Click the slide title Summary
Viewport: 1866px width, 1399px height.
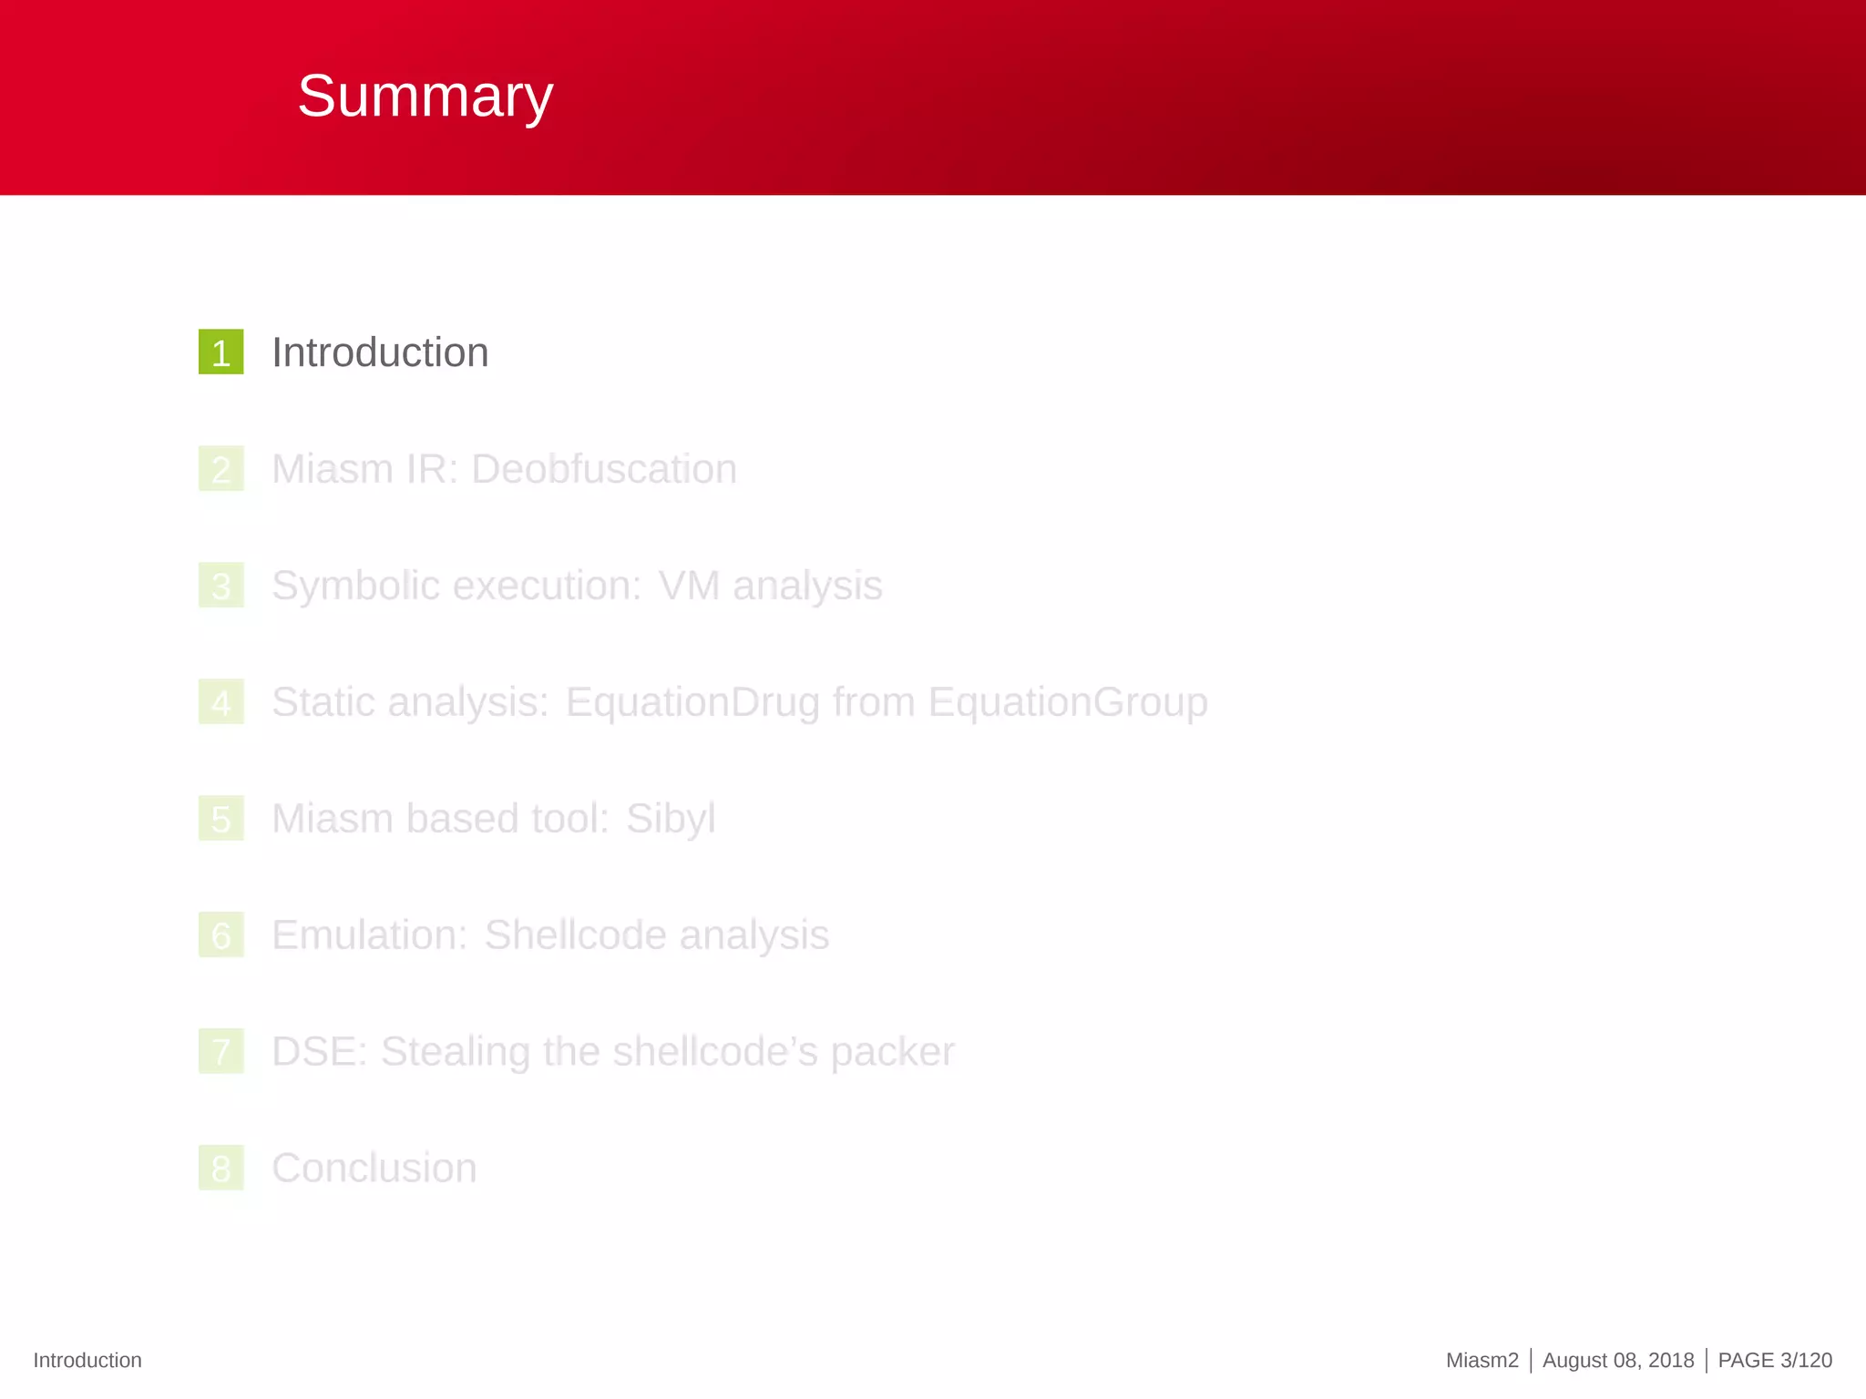(425, 96)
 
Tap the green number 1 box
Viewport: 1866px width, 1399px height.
(220, 352)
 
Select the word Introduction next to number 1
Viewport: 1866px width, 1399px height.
(380, 352)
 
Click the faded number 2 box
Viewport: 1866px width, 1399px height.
(220, 469)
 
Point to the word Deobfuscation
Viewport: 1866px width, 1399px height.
(604, 469)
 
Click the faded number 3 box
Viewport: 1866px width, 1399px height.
(220, 586)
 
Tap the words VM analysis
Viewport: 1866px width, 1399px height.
(770, 586)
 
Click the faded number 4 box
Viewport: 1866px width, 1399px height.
(220, 702)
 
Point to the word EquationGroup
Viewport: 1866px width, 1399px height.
(1068, 702)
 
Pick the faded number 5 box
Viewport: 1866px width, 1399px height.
(220, 819)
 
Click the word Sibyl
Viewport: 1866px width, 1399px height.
(671, 819)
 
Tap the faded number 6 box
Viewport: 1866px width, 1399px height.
(220, 935)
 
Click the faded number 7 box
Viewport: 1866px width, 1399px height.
(220, 1052)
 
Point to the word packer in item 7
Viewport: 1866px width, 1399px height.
(893, 1052)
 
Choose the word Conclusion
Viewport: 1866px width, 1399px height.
(374, 1169)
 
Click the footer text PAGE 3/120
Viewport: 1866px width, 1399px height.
(1774, 1360)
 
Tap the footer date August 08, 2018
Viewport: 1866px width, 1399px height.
(1618, 1360)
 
